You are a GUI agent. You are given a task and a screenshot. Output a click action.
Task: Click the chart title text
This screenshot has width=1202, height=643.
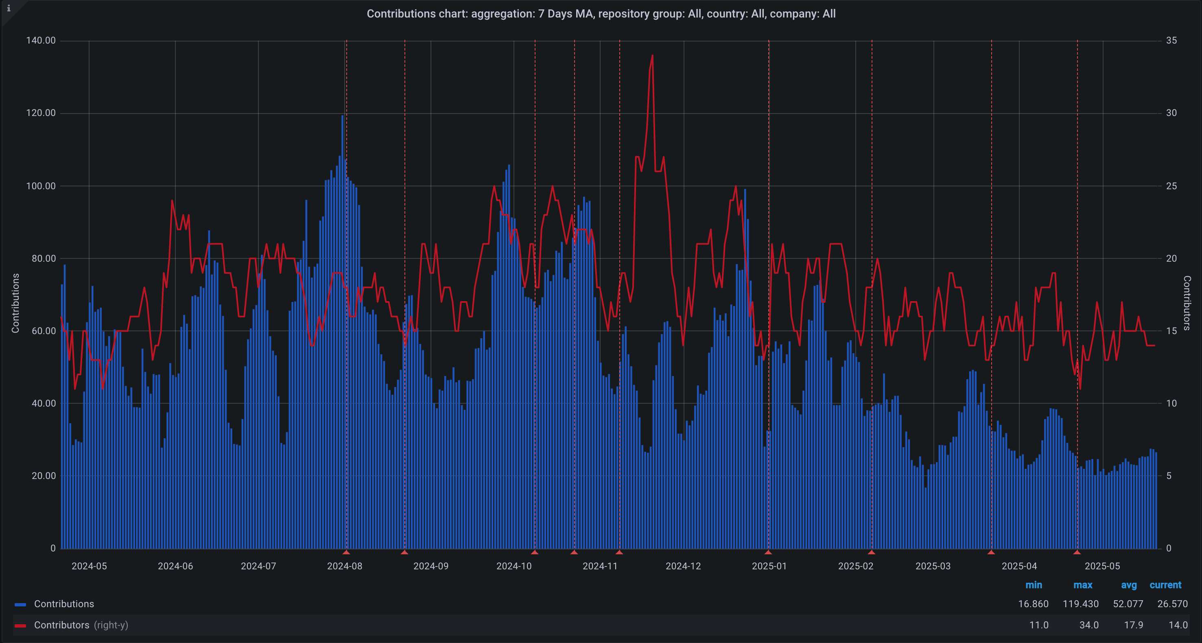click(601, 14)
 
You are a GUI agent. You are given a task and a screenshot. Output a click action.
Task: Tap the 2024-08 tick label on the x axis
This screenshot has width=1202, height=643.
click(344, 566)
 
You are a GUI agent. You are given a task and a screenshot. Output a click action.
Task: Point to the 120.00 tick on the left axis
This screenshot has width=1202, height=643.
click(41, 113)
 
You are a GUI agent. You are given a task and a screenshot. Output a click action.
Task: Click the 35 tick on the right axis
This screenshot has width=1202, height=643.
click(1171, 41)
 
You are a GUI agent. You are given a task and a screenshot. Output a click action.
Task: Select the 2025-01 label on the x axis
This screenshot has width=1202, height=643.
click(769, 566)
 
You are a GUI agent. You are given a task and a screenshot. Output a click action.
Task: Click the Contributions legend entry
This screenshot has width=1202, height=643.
click(64, 604)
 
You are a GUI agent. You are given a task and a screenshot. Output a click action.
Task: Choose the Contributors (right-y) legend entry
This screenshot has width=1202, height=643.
click(81, 625)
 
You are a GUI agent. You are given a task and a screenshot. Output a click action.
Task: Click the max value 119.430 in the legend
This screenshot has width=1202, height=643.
click(1080, 604)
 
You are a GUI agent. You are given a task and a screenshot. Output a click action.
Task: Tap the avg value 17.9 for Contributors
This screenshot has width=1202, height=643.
click(1133, 625)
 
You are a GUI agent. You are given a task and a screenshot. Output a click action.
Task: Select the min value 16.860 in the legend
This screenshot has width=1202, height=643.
click(1033, 604)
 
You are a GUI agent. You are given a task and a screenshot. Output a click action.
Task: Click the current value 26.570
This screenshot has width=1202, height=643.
click(1172, 604)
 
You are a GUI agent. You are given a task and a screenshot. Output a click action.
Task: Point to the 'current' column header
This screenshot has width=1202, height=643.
click(1165, 585)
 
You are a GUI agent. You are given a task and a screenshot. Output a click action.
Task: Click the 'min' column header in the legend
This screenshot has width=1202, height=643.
click(1034, 585)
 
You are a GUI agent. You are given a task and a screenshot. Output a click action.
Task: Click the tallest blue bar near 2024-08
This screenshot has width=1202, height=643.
click(343, 117)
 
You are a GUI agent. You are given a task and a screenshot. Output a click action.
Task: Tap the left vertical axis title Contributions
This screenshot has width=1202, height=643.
click(15, 303)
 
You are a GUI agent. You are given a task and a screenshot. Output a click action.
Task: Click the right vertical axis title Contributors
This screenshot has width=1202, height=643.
click(1187, 303)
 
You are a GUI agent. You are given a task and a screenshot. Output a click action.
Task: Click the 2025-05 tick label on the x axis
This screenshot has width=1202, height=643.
click(1102, 566)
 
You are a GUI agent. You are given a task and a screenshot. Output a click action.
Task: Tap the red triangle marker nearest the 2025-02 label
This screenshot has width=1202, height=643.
click(871, 553)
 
